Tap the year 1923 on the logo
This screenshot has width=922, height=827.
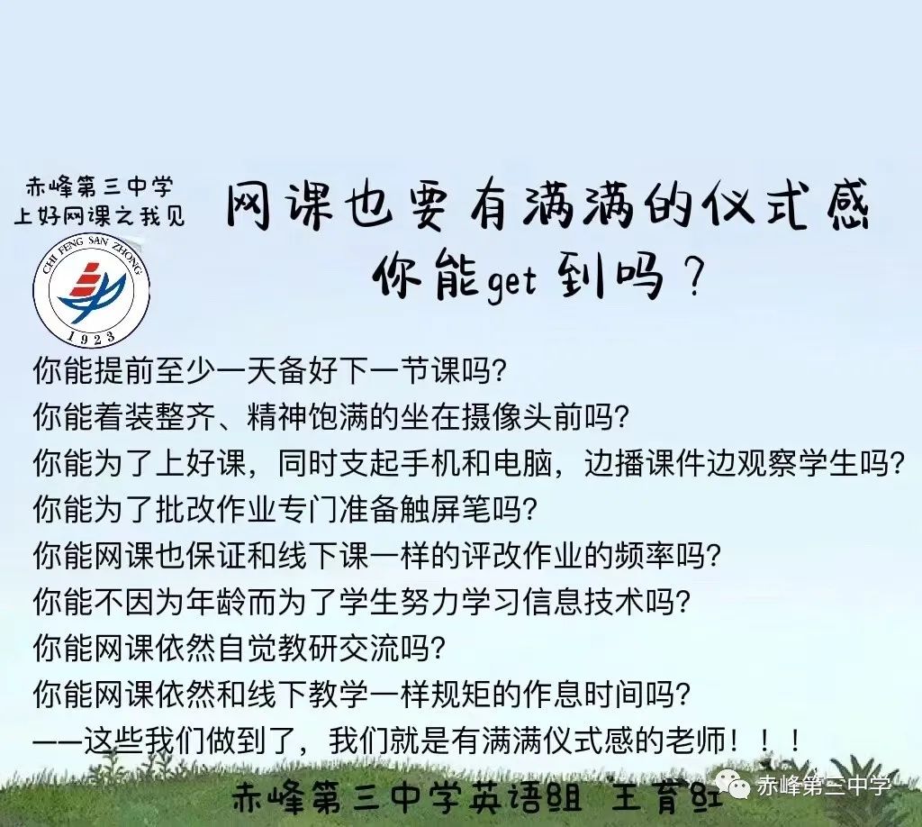pyautogui.click(x=92, y=336)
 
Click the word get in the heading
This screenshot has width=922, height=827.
pyautogui.click(x=510, y=280)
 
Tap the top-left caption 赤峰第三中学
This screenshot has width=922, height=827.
pyautogui.click(x=99, y=188)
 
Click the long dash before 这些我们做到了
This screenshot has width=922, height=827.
pyautogui.click(x=56, y=741)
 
